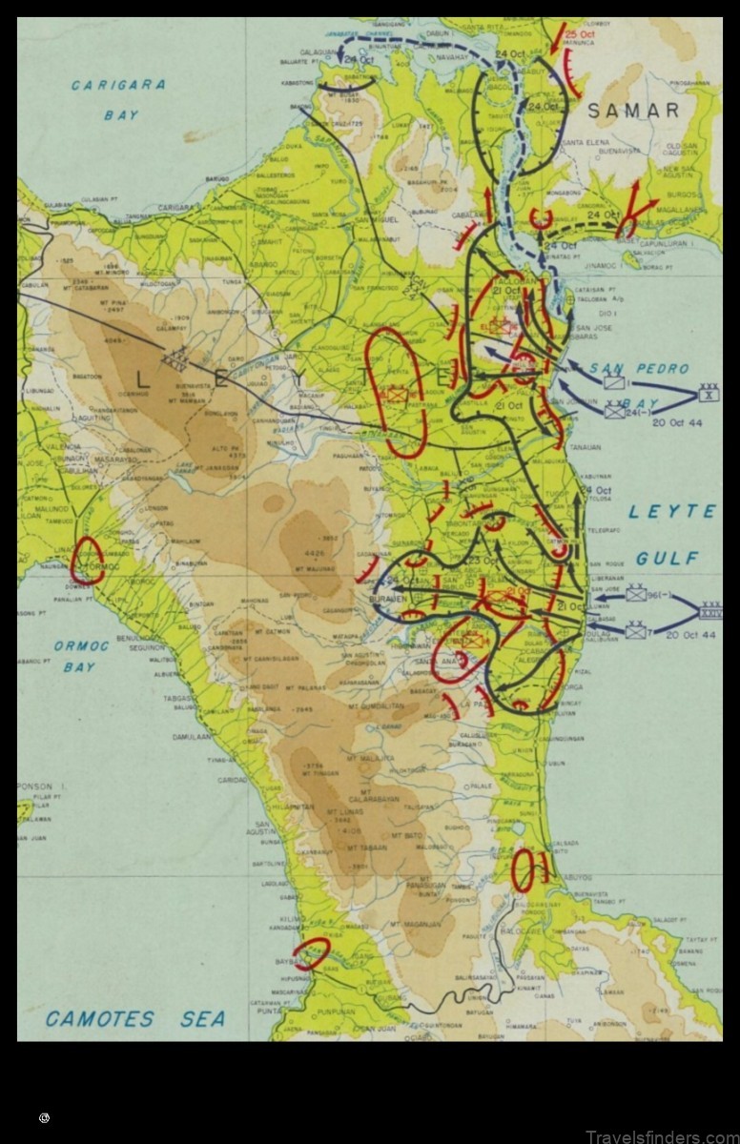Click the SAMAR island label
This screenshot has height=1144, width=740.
(x=633, y=111)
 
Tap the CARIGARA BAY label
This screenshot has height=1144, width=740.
(x=118, y=99)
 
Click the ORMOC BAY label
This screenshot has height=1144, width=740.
(x=80, y=656)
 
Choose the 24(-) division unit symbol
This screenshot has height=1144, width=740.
(x=615, y=411)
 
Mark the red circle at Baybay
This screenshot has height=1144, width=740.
(x=312, y=951)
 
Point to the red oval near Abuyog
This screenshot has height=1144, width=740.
(x=523, y=870)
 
